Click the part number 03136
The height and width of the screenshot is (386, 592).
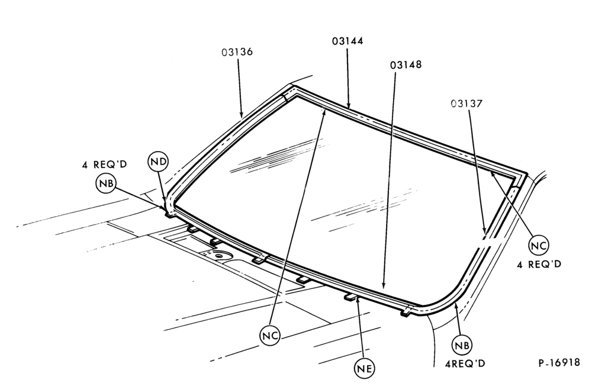[x=237, y=52]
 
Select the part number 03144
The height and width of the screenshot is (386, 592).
[x=348, y=41]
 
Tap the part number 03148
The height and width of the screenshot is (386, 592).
[x=406, y=65]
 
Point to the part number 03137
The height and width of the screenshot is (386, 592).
[x=466, y=103]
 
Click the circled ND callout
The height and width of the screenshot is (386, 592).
[x=158, y=162]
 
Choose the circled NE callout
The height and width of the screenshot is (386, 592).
[x=365, y=368]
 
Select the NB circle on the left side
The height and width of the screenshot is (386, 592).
[x=106, y=184]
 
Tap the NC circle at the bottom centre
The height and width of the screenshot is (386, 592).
[x=271, y=336]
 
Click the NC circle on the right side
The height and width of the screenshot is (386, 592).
[x=538, y=246]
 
